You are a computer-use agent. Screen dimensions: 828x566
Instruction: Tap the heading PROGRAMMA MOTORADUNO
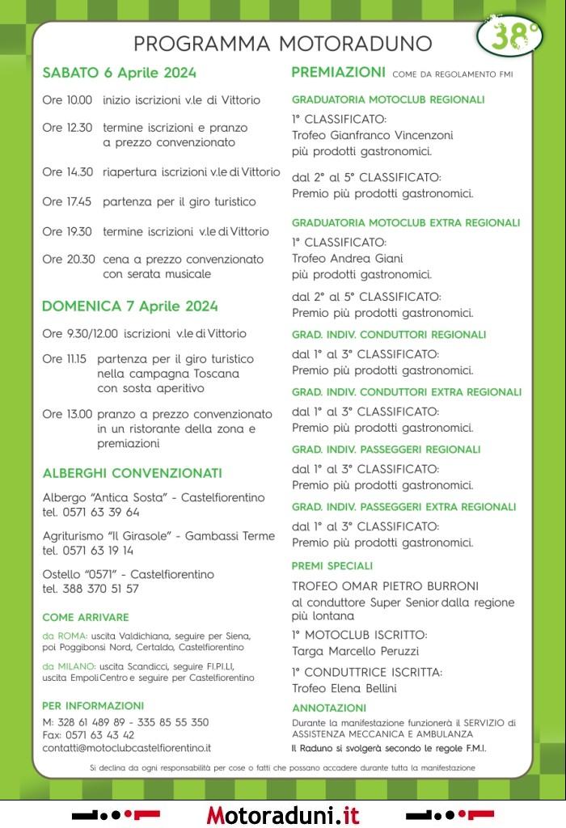point(282,43)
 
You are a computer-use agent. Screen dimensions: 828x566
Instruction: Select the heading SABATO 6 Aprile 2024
point(119,73)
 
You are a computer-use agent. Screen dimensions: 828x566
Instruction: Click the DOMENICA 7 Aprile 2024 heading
point(129,306)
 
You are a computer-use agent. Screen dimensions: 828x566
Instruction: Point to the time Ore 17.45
point(67,201)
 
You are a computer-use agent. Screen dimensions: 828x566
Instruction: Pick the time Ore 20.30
point(69,260)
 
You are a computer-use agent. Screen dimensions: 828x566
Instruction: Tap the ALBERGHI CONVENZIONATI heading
point(132,473)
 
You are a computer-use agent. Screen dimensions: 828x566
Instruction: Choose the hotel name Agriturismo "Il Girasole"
point(108,536)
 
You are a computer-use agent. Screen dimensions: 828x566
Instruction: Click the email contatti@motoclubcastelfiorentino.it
point(126,748)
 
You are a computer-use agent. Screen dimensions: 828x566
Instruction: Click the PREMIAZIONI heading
point(338,73)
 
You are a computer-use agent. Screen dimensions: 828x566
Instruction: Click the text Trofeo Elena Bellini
point(344,688)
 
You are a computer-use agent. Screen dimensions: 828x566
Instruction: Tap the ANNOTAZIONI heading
point(329,708)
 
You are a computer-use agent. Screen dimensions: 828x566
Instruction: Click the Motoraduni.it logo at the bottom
point(282,814)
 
